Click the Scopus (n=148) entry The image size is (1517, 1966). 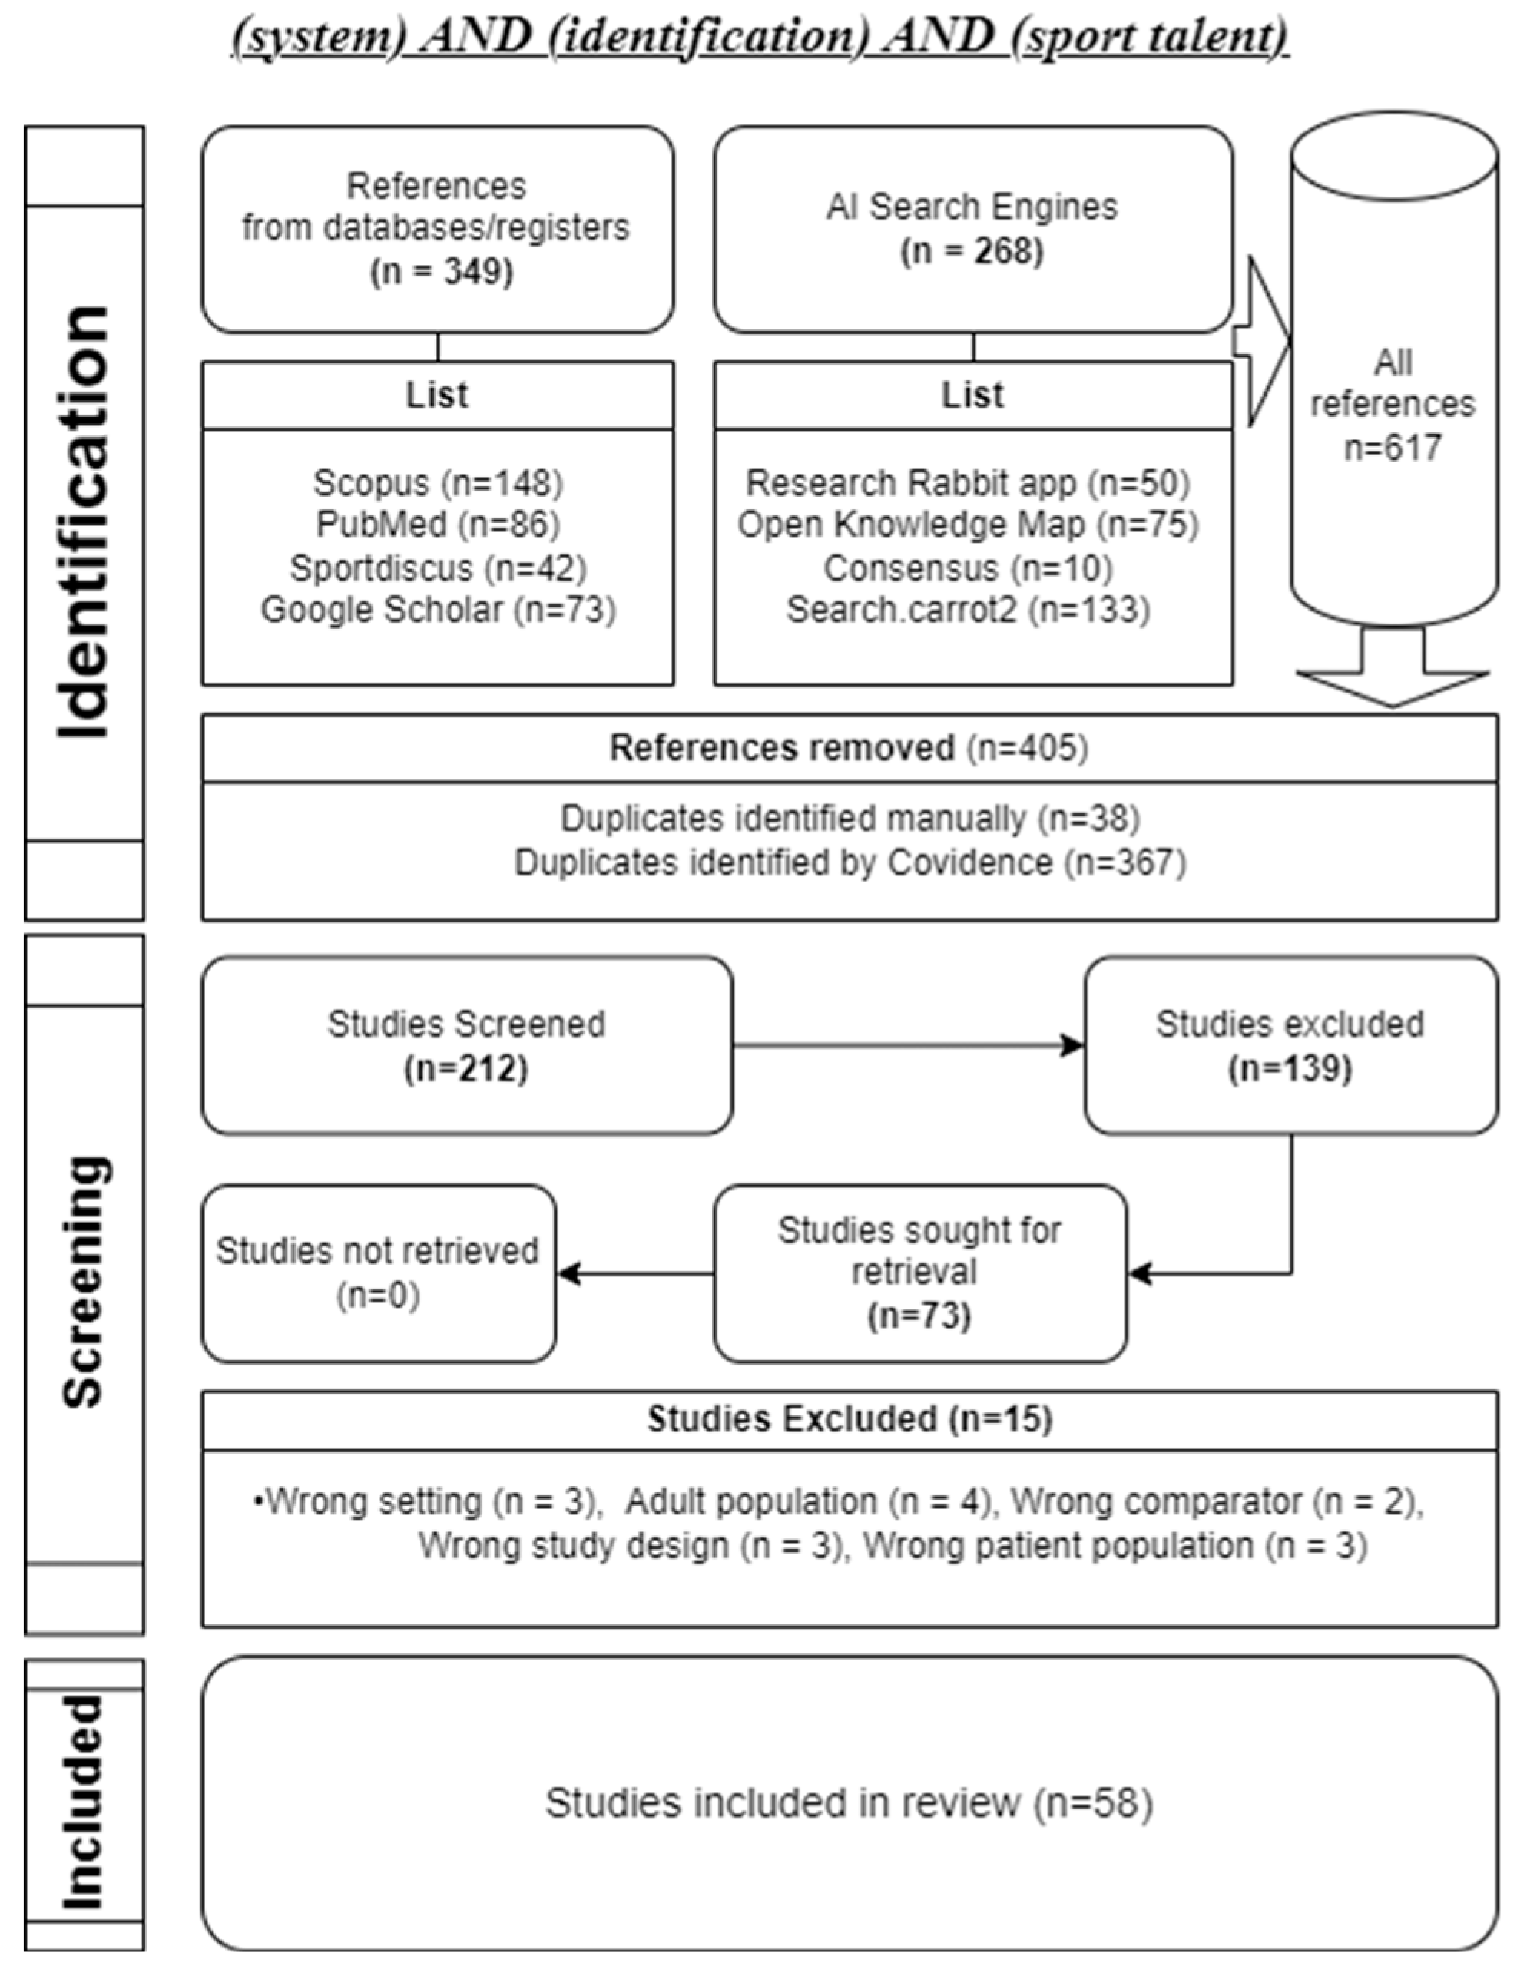click(x=438, y=483)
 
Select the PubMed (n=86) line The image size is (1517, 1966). click(x=438, y=524)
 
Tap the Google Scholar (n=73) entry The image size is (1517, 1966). click(x=438, y=610)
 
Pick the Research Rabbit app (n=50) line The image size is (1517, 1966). click(x=968, y=483)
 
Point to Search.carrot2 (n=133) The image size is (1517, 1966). click(x=968, y=610)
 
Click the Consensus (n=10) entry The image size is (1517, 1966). click(x=968, y=568)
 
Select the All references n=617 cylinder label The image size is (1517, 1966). click(x=1392, y=405)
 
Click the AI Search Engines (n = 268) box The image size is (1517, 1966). click(x=972, y=229)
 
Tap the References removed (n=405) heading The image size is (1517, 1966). click(x=848, y=748)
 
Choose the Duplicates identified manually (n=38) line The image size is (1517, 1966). click(x=850, y=818)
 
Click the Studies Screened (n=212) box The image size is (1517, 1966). click(x=466, y=1045)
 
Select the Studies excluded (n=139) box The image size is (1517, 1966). click(x=1290, y=1045)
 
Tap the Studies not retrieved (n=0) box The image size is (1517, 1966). click(x=378, y=1273)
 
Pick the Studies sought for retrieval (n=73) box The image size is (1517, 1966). click(x=919, y=1273)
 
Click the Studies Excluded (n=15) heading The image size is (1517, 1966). click(x=850, y=1418)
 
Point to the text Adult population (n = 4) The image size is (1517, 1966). click(x=807, y=1501)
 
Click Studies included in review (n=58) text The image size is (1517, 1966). click(x=848, y=1803)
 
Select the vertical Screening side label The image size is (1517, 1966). click(x=84, y=1282)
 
